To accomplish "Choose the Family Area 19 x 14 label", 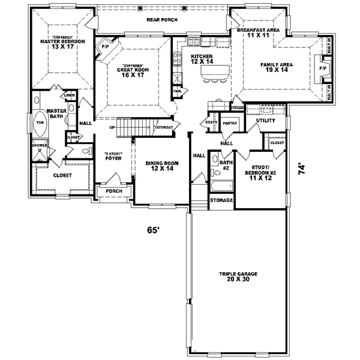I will tap(275, 67).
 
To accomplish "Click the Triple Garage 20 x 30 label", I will tap(238, 277).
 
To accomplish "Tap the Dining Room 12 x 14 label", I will tap(163, 166).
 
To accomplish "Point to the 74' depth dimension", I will tap(303, 169).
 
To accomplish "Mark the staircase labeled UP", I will tap(132, 127).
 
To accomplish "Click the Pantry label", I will tap(230, 124).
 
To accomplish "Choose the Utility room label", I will tap(265, 121).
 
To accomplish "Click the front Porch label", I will tap(115, 191).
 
